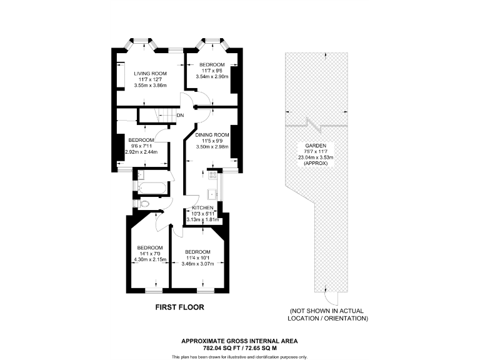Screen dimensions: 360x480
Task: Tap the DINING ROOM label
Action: coord(212,134)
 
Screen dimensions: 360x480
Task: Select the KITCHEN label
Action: coord(203,207)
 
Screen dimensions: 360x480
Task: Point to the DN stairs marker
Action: coord(180,116)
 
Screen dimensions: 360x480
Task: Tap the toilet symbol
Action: coord(143,204)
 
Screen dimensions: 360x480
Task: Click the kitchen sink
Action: coord(213,192)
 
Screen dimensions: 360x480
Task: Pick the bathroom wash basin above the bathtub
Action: coord(140,175)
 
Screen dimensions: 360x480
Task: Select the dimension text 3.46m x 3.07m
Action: coord(197,264)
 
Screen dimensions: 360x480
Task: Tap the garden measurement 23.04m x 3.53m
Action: coord(316,157)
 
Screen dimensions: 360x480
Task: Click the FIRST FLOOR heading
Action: coord(179,307)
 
